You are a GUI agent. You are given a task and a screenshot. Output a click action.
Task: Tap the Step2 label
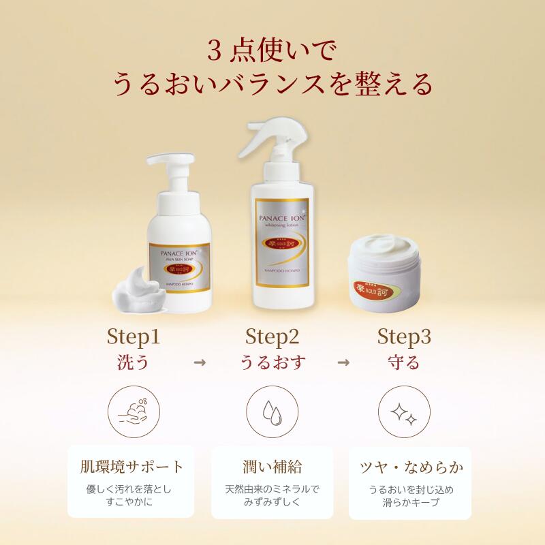coord(272,337)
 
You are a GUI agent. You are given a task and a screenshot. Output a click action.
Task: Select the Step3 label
coord(405,337)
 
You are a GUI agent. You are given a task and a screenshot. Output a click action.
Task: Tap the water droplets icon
coord(272,412)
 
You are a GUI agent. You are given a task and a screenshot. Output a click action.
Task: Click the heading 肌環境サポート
coord(139,467)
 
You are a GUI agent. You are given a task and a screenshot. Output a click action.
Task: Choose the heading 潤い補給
coord(272,467)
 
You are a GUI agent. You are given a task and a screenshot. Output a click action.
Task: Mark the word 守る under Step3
coord(405,362)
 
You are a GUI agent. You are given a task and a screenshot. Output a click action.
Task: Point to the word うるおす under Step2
coord(272,362)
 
